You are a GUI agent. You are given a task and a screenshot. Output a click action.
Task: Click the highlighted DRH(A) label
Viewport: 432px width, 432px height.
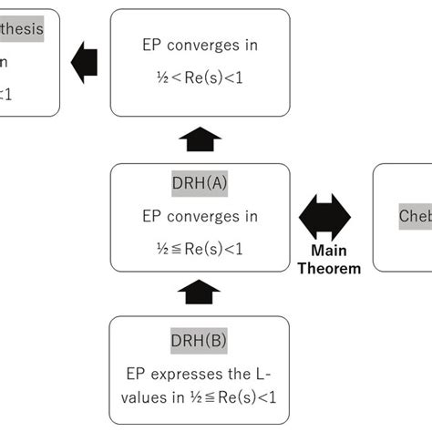(x=200, y=182)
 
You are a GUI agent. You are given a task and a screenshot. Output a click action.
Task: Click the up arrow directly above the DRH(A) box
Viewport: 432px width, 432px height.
(x=200, y=140)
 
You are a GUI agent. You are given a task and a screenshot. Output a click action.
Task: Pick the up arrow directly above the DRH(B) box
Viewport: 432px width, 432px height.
(x=200, y=293)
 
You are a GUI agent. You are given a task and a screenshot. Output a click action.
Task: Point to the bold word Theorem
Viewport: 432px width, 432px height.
(x=334, y=268)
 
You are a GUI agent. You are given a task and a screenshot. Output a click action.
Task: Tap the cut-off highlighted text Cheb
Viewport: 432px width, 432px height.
(x=416, y=216)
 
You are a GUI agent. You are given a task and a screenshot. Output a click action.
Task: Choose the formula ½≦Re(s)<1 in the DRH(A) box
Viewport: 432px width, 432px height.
(x=200, y=248)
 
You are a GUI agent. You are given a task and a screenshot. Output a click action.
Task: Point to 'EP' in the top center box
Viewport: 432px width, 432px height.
(x=153, y=44)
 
